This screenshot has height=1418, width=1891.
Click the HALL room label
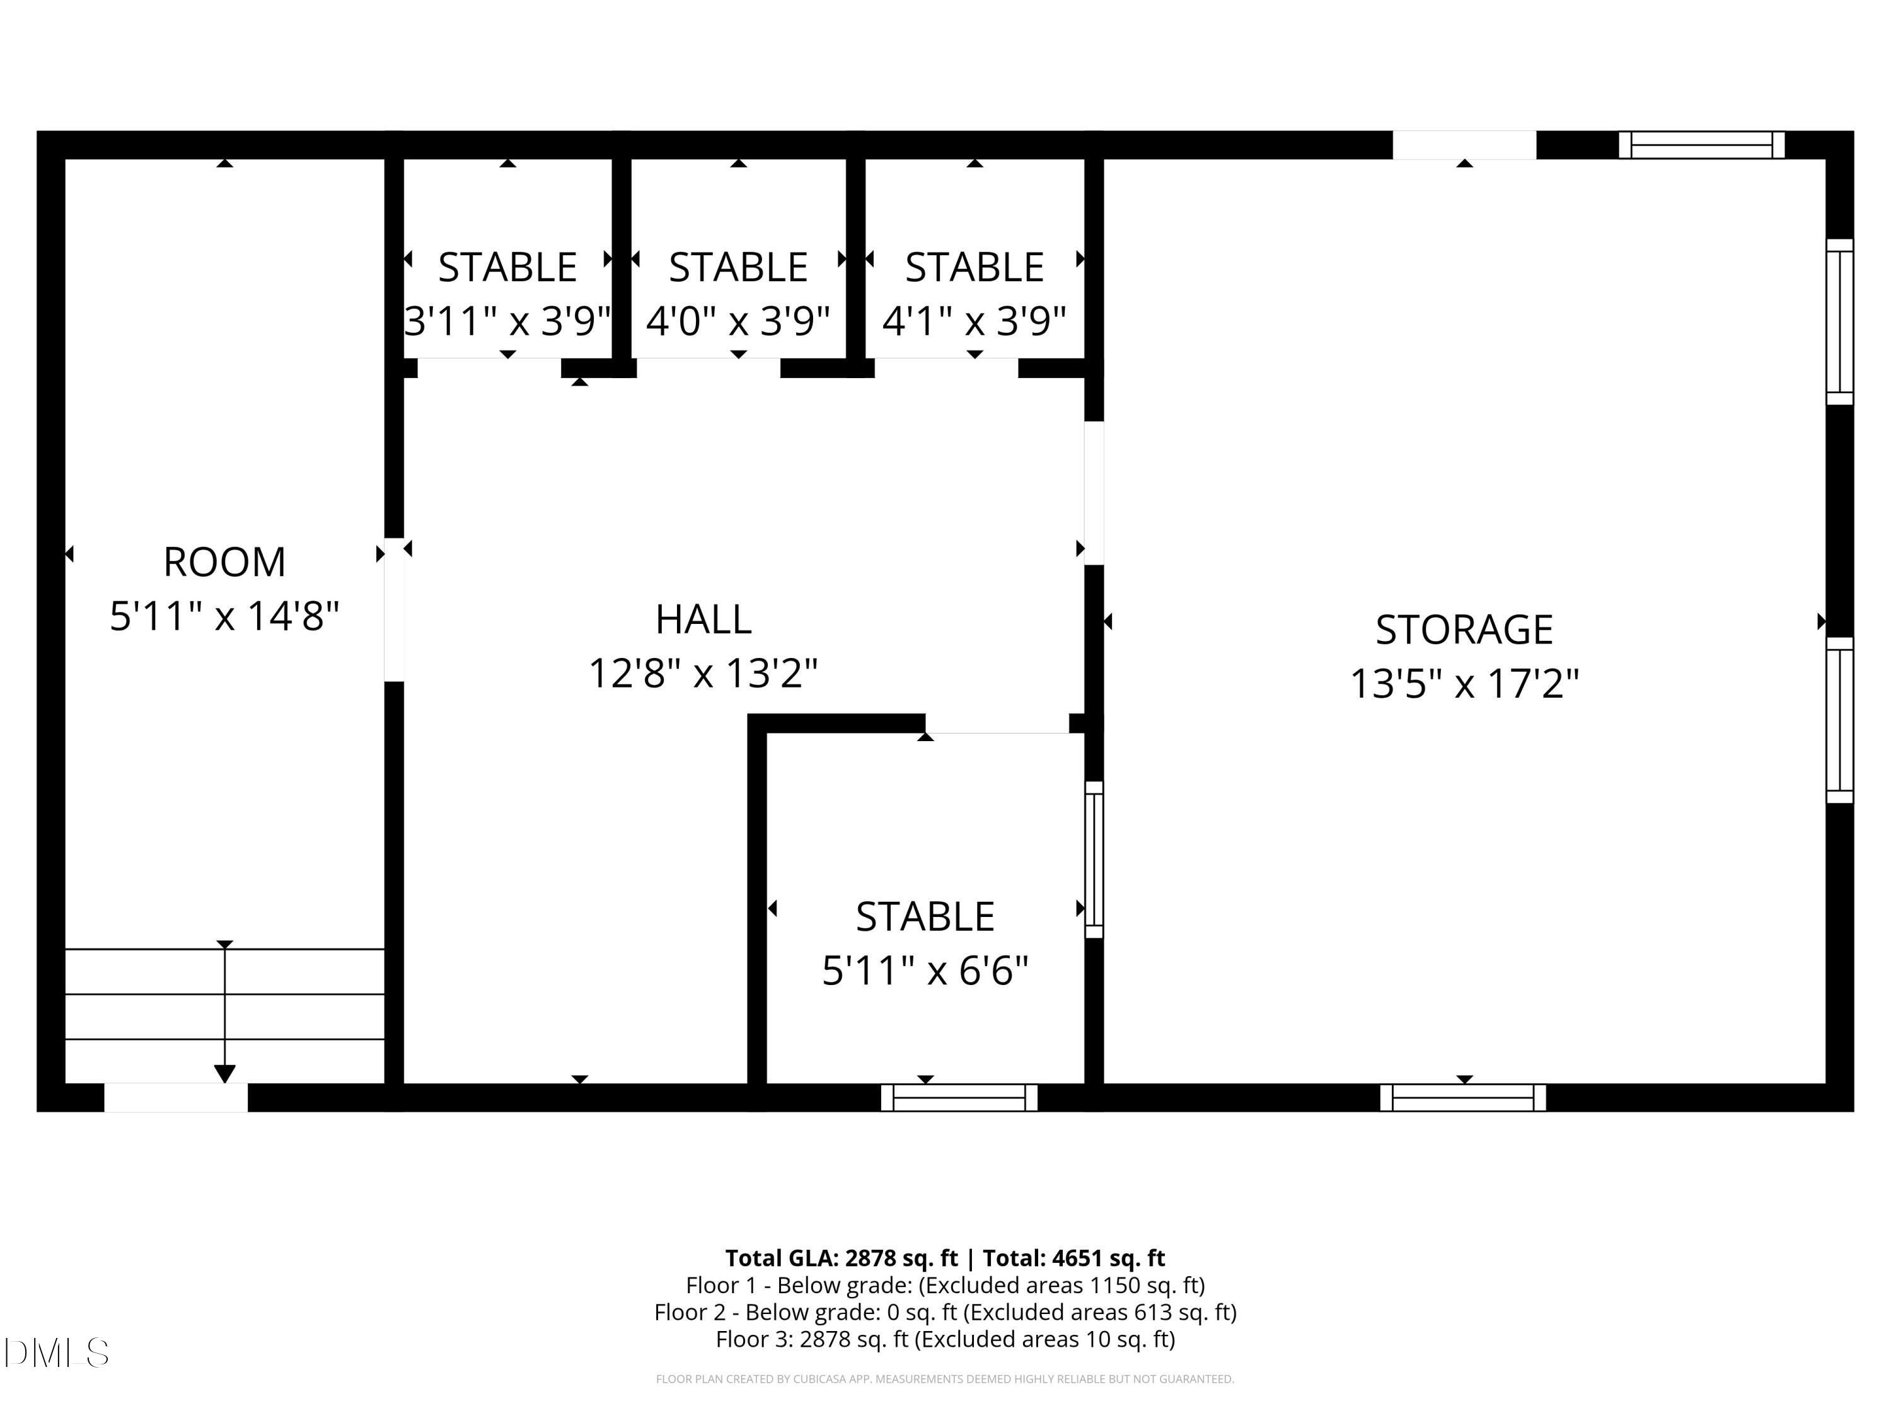pyautogui.click(x=703, y=620)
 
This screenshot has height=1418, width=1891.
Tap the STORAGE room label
pyautogui.click(x=1464, y=630)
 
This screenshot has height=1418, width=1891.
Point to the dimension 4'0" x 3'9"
pyautogui.click(x=737, y=322)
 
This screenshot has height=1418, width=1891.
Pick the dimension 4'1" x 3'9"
pyautogui.click(x=974, y=322)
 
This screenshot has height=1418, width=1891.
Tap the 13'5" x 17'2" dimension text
pyautogui.click(x=1464, y=684)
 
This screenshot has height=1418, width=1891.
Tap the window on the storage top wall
pyautogui.click(x=1701, y=146)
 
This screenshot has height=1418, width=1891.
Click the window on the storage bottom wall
pyautogui.click(x=1463, y=1097)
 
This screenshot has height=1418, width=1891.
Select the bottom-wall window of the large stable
pyautogui.click(x=959, y=1097)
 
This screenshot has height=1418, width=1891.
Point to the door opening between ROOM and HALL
pyautogui.click(x=394, y=609)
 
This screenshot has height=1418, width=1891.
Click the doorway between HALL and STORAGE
pyautogui.click(x=1094, y=493)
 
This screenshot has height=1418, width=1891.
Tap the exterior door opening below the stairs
pyautogui.click(x=176, y=1097)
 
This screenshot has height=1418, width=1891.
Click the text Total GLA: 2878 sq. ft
pyautogui.click(x=841, y=1258)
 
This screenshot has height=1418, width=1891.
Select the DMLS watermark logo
pyautogui.click(x=57, y=1353)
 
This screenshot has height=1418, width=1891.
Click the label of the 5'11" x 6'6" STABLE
pyautogui.click(x=925, y=917)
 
